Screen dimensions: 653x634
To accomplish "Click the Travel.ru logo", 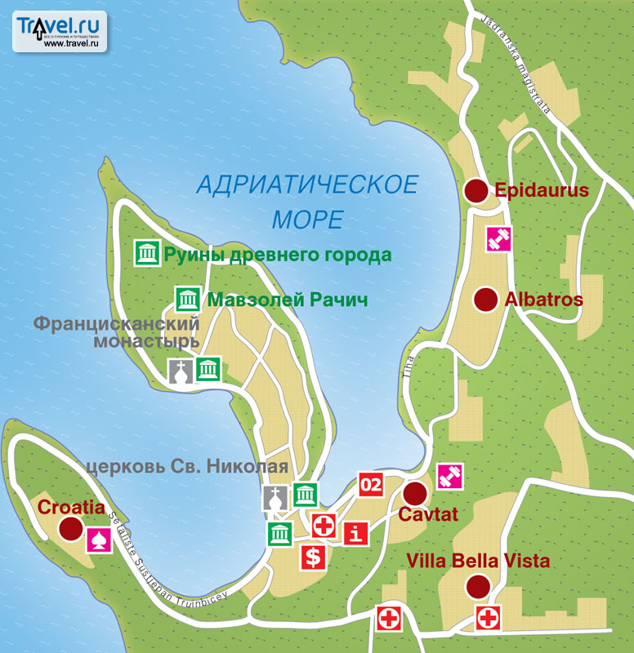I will pos(60,31).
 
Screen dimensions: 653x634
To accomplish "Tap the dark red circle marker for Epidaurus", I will pos(475,191).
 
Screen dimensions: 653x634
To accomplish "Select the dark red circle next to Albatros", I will pos(486,300).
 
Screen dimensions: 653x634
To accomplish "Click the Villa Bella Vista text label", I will pos(478,562).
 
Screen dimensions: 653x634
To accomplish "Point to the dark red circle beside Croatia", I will pos(72,530).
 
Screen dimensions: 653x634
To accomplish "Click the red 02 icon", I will pos(371,484).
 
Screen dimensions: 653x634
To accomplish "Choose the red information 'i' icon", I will pos(354,534).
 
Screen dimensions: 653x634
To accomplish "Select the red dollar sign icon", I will pos(313,557).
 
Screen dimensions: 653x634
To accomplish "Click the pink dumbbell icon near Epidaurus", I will pos(498,239).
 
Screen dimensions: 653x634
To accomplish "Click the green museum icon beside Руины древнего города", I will pos(147,254).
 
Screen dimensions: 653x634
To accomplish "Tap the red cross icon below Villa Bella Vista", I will pos(488,618).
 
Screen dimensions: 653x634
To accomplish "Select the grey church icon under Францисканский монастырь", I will pos(181,370).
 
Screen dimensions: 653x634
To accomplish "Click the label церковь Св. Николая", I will pos(187,468).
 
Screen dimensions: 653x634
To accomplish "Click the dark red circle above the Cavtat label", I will pos(415,494).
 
